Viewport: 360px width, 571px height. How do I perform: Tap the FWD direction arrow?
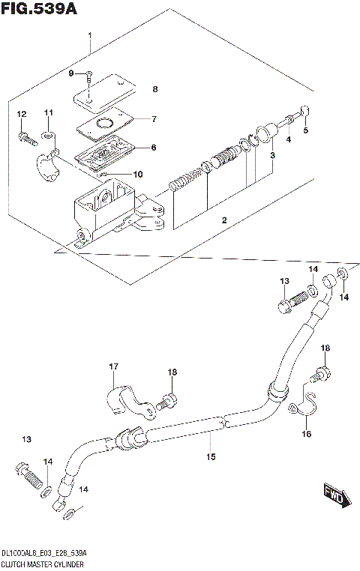334,495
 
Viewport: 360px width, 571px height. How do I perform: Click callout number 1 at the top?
89,36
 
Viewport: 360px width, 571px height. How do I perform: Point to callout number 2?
223,220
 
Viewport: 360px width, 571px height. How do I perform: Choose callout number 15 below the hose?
211,455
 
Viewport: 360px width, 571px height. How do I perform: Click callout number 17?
113,366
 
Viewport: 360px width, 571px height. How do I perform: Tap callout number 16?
306,433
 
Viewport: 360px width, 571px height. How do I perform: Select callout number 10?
137,175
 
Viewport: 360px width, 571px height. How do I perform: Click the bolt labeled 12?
24,137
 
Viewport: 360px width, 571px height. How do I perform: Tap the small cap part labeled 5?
304,112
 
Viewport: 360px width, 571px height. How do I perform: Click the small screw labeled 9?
88,75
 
